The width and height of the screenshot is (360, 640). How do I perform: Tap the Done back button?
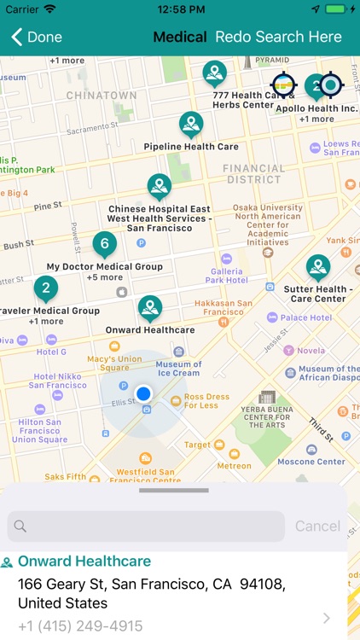coord(36,37)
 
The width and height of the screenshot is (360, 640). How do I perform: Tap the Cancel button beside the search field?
coord(317,527)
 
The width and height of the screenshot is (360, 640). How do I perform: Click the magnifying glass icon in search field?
coord(20,527)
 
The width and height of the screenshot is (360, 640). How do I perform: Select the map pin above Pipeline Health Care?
coord(191,124)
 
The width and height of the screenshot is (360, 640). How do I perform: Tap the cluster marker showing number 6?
coord(104,244)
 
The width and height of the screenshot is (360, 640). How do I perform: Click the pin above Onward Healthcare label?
coord(150,307)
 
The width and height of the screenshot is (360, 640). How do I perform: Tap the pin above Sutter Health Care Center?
coord(318,267)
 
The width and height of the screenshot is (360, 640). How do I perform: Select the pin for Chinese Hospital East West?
coord(160,185)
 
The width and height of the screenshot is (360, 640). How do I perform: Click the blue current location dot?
coord(144,393)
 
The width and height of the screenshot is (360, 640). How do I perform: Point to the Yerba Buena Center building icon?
coord(268,398)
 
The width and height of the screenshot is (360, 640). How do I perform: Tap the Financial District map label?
coord(253,174)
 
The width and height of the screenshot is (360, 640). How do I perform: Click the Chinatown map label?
coord(102,95)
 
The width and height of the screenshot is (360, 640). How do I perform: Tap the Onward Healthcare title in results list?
coord(84,561)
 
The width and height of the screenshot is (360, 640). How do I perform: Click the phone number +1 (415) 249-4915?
coord(80,626)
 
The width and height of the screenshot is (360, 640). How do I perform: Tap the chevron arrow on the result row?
coord(327,618)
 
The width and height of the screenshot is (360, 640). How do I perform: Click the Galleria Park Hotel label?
coord(225,275)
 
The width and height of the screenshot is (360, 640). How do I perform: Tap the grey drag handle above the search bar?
coord(174,491)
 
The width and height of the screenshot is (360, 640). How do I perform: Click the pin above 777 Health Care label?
coord(214,73)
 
